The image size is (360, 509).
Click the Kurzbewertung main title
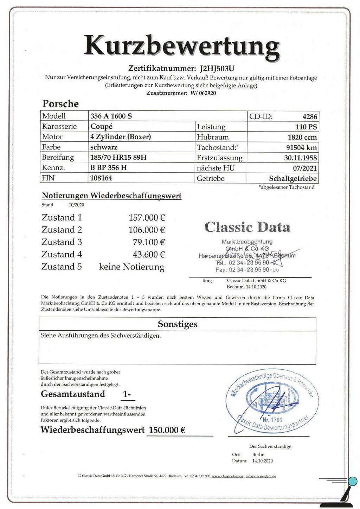click(x=182, y=46)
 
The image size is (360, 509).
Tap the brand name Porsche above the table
click(x=60, y=104)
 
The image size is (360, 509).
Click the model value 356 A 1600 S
click(x=111, y=116)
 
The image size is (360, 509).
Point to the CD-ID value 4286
click(x=309, y=116)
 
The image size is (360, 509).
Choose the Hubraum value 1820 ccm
click(x=302, y=137)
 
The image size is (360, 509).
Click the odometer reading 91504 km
click(x=301, y=147)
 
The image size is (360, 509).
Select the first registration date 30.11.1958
click(x=300, y=158)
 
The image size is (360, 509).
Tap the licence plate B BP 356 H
click(x=109, y=168)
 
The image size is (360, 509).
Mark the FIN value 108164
click(x=101, y=178)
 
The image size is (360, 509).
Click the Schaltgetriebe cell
click(x=293, y=178)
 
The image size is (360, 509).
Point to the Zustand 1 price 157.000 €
click(x=147, y=218)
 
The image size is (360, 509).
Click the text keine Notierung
click(x=132, y=267)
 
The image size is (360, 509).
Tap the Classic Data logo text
click(x=247, y=227)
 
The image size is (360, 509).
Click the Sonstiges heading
click(x=178, y=324)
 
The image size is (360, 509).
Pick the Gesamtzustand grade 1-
click(x=127, y=395)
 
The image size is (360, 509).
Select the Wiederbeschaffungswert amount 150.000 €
click(x=167, y=430)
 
